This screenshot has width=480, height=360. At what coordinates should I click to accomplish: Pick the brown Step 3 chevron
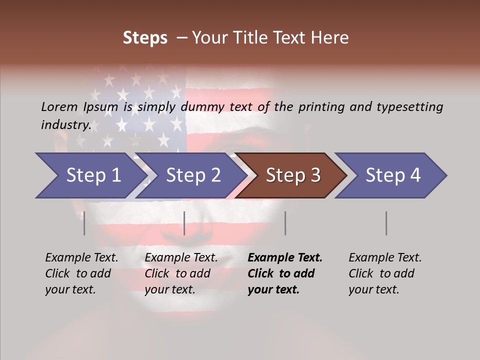(x=293, y=175)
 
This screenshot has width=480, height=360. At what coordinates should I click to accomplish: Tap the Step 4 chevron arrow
(x=393, y=175)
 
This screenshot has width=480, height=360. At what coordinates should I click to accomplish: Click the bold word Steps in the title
(x=145, y=37)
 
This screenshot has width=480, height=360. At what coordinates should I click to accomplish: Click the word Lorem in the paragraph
(x=59, y=106)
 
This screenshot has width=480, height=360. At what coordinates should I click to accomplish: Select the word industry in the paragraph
(x=66, y=124)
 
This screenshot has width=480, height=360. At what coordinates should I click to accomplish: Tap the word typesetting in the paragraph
(x=409, y=106)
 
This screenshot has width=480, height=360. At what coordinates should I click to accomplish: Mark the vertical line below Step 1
(x=84, y=223)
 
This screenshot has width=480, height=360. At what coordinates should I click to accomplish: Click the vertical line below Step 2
(x=184, y=223)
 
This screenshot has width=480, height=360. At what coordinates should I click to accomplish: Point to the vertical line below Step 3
(x=285, y=223)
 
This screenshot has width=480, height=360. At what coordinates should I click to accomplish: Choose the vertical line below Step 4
(x=386, y=223)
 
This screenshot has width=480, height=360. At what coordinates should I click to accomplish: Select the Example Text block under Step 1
(x=81, y=273)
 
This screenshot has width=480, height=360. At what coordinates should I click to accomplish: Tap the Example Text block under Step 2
(x=181, y=273)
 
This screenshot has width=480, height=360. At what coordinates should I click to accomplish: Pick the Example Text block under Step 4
(x=385, y=273)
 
